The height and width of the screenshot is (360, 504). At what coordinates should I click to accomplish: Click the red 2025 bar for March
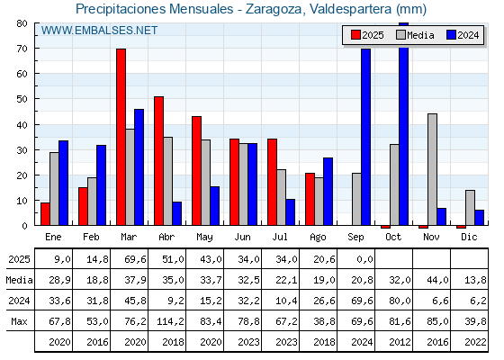point(121,137)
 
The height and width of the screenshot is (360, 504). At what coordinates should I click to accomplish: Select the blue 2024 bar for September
point(365,137)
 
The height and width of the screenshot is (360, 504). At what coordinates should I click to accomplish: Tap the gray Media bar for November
point(432,169)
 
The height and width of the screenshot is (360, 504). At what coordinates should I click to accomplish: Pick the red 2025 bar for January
point(45,214)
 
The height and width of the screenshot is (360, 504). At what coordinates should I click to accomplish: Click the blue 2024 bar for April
point(176,213)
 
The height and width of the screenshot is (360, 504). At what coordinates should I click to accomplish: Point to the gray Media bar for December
point(470,208)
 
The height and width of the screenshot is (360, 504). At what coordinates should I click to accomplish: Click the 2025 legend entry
point(367,35)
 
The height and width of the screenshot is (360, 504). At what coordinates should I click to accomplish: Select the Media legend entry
point(415,35)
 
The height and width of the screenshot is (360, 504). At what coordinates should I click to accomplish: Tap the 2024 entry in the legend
point(463,35)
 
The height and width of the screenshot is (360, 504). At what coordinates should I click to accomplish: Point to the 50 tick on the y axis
point(22,99)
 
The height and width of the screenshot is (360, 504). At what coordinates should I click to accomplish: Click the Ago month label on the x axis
point(318,238)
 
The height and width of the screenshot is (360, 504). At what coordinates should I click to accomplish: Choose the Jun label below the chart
point(242,238)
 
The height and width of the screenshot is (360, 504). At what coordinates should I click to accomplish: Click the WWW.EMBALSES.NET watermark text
point(99,31)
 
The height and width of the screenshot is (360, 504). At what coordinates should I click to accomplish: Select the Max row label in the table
point(19,321)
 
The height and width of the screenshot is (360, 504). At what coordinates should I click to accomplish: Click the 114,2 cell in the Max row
point(170,321)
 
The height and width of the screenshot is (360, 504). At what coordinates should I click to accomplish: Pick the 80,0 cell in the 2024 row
point(400,301)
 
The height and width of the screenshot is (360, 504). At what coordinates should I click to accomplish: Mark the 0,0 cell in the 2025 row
point(364,259)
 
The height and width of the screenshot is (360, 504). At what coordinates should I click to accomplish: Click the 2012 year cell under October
point(400,342)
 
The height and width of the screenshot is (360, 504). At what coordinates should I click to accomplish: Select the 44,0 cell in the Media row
point(437,280)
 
